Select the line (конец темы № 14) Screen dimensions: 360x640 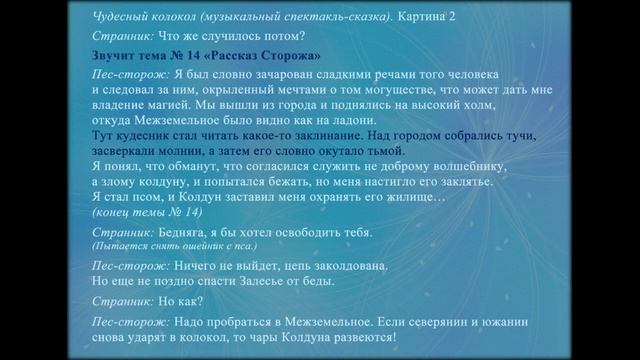[146, 212]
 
